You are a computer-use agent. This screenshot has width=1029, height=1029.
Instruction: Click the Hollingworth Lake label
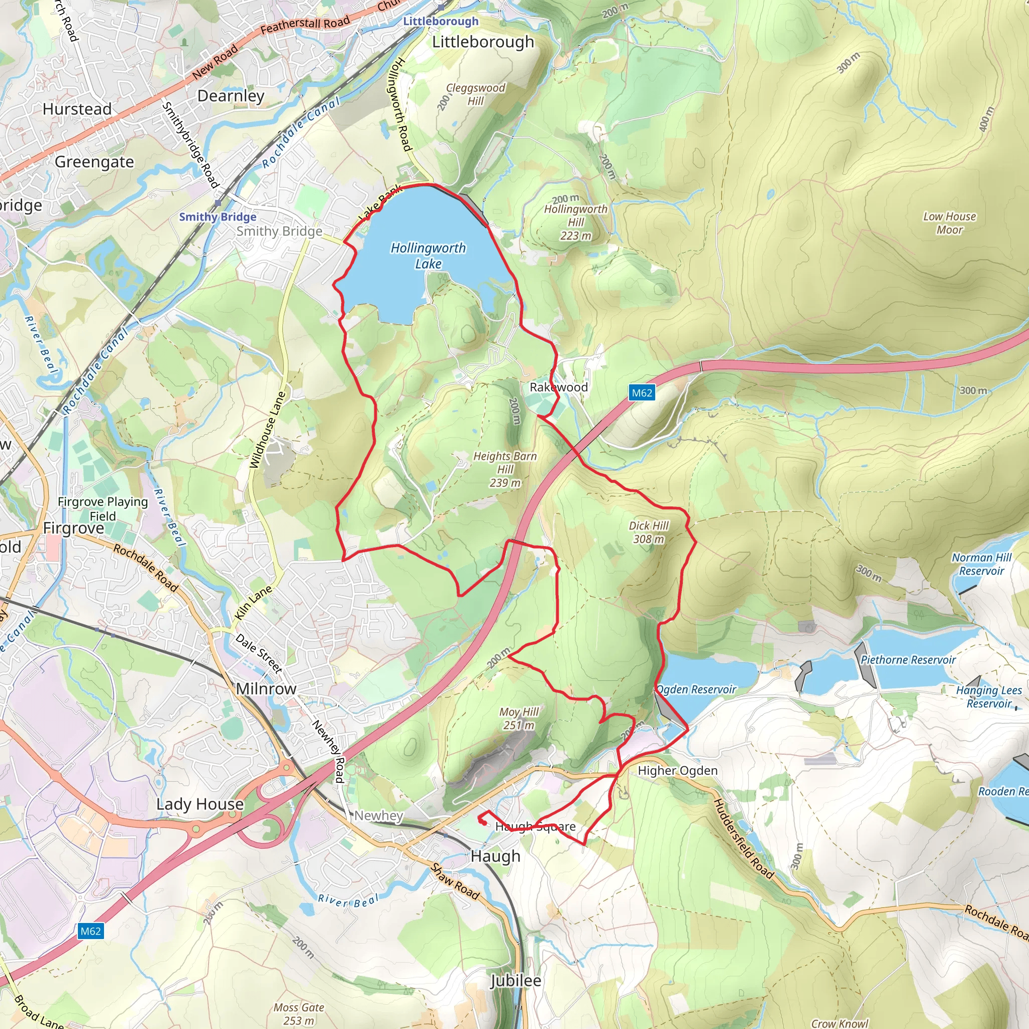428,256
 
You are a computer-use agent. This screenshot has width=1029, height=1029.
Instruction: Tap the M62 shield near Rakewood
641,392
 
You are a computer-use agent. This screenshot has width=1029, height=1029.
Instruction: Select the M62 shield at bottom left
90,931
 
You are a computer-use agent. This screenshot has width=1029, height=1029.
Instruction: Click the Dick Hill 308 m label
648,532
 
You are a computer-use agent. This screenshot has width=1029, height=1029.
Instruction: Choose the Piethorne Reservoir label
908,659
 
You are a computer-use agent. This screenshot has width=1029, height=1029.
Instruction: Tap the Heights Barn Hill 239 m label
505,469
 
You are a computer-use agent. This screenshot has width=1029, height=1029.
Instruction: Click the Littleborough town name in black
482,42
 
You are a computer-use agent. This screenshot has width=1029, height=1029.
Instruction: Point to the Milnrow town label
266,689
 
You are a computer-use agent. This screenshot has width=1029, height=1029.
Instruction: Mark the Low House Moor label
950,223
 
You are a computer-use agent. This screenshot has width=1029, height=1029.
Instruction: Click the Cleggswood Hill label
475,94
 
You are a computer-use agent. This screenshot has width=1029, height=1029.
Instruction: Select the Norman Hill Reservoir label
981,564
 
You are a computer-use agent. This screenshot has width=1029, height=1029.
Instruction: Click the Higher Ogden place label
677,770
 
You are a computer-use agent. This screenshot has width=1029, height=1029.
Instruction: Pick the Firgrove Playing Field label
102,508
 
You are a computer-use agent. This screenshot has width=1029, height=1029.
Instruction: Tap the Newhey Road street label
328,751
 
